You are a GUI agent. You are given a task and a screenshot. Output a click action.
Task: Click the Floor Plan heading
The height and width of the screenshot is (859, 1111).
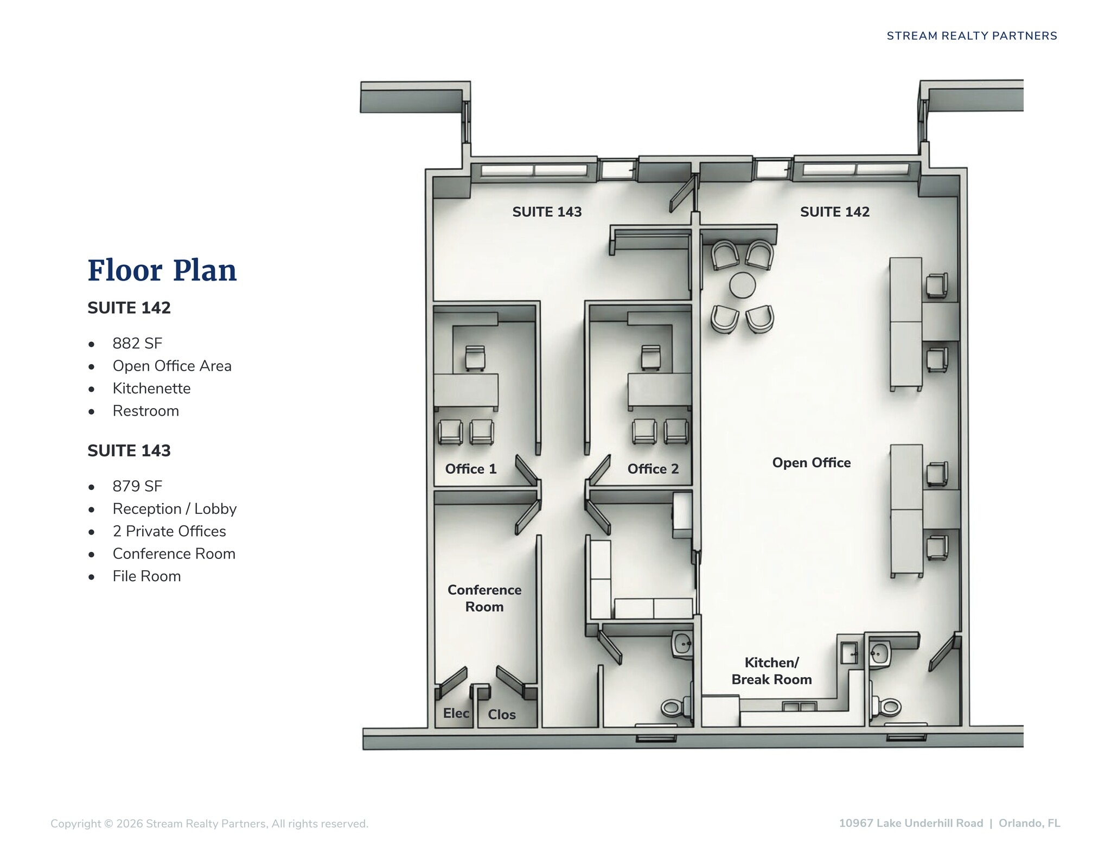162,271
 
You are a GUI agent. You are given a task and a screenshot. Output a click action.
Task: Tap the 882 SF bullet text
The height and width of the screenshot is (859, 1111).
137,343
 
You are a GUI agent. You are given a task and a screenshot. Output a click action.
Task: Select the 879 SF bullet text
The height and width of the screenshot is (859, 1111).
137,486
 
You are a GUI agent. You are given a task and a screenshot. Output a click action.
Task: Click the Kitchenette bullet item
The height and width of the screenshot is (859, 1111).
151,389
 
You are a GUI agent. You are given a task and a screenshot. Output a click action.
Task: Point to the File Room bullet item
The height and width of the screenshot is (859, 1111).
146,576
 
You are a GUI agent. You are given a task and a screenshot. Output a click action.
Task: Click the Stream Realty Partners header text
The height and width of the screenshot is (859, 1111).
972,36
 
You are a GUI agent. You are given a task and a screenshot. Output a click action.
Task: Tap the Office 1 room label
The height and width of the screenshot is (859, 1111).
471,469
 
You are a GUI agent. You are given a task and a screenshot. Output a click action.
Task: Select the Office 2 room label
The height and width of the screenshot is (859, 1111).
653,469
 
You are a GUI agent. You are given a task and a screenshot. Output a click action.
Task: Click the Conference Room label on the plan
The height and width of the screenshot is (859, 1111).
484,598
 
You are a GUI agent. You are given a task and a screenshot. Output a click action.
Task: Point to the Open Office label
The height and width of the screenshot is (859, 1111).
812,463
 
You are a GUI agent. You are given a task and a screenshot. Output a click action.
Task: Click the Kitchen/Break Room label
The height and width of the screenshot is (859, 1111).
771,671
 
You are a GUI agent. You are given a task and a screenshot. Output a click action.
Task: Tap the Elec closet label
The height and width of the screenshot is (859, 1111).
456,713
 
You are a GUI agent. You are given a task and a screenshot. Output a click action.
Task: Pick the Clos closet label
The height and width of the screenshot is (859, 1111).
502,715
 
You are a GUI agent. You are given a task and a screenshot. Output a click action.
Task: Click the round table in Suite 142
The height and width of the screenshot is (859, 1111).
742,285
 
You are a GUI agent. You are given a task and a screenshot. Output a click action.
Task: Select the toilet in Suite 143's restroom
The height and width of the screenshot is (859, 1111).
675,707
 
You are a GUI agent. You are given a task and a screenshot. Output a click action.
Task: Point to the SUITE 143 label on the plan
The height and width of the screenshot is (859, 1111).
547,212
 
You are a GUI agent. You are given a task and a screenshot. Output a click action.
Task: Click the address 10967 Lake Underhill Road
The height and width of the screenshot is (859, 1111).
911,823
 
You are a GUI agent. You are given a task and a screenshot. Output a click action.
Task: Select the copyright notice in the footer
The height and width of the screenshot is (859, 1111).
209,824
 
